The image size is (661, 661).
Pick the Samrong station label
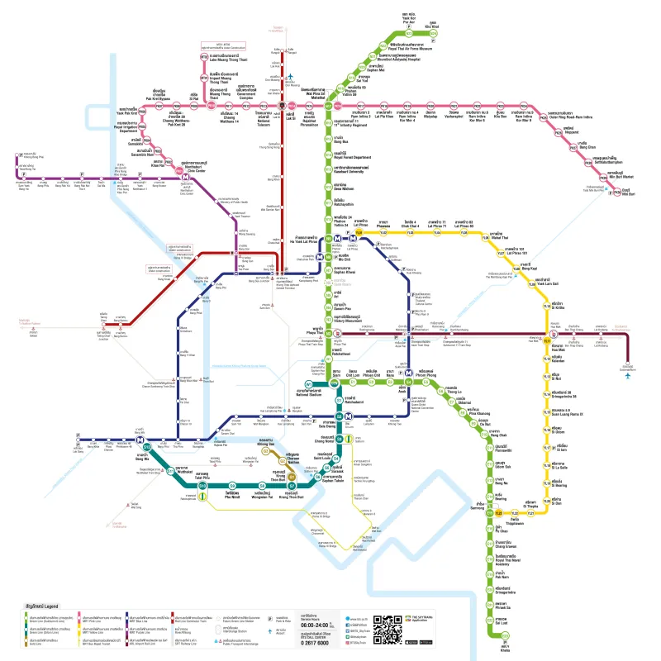point(476,506)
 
